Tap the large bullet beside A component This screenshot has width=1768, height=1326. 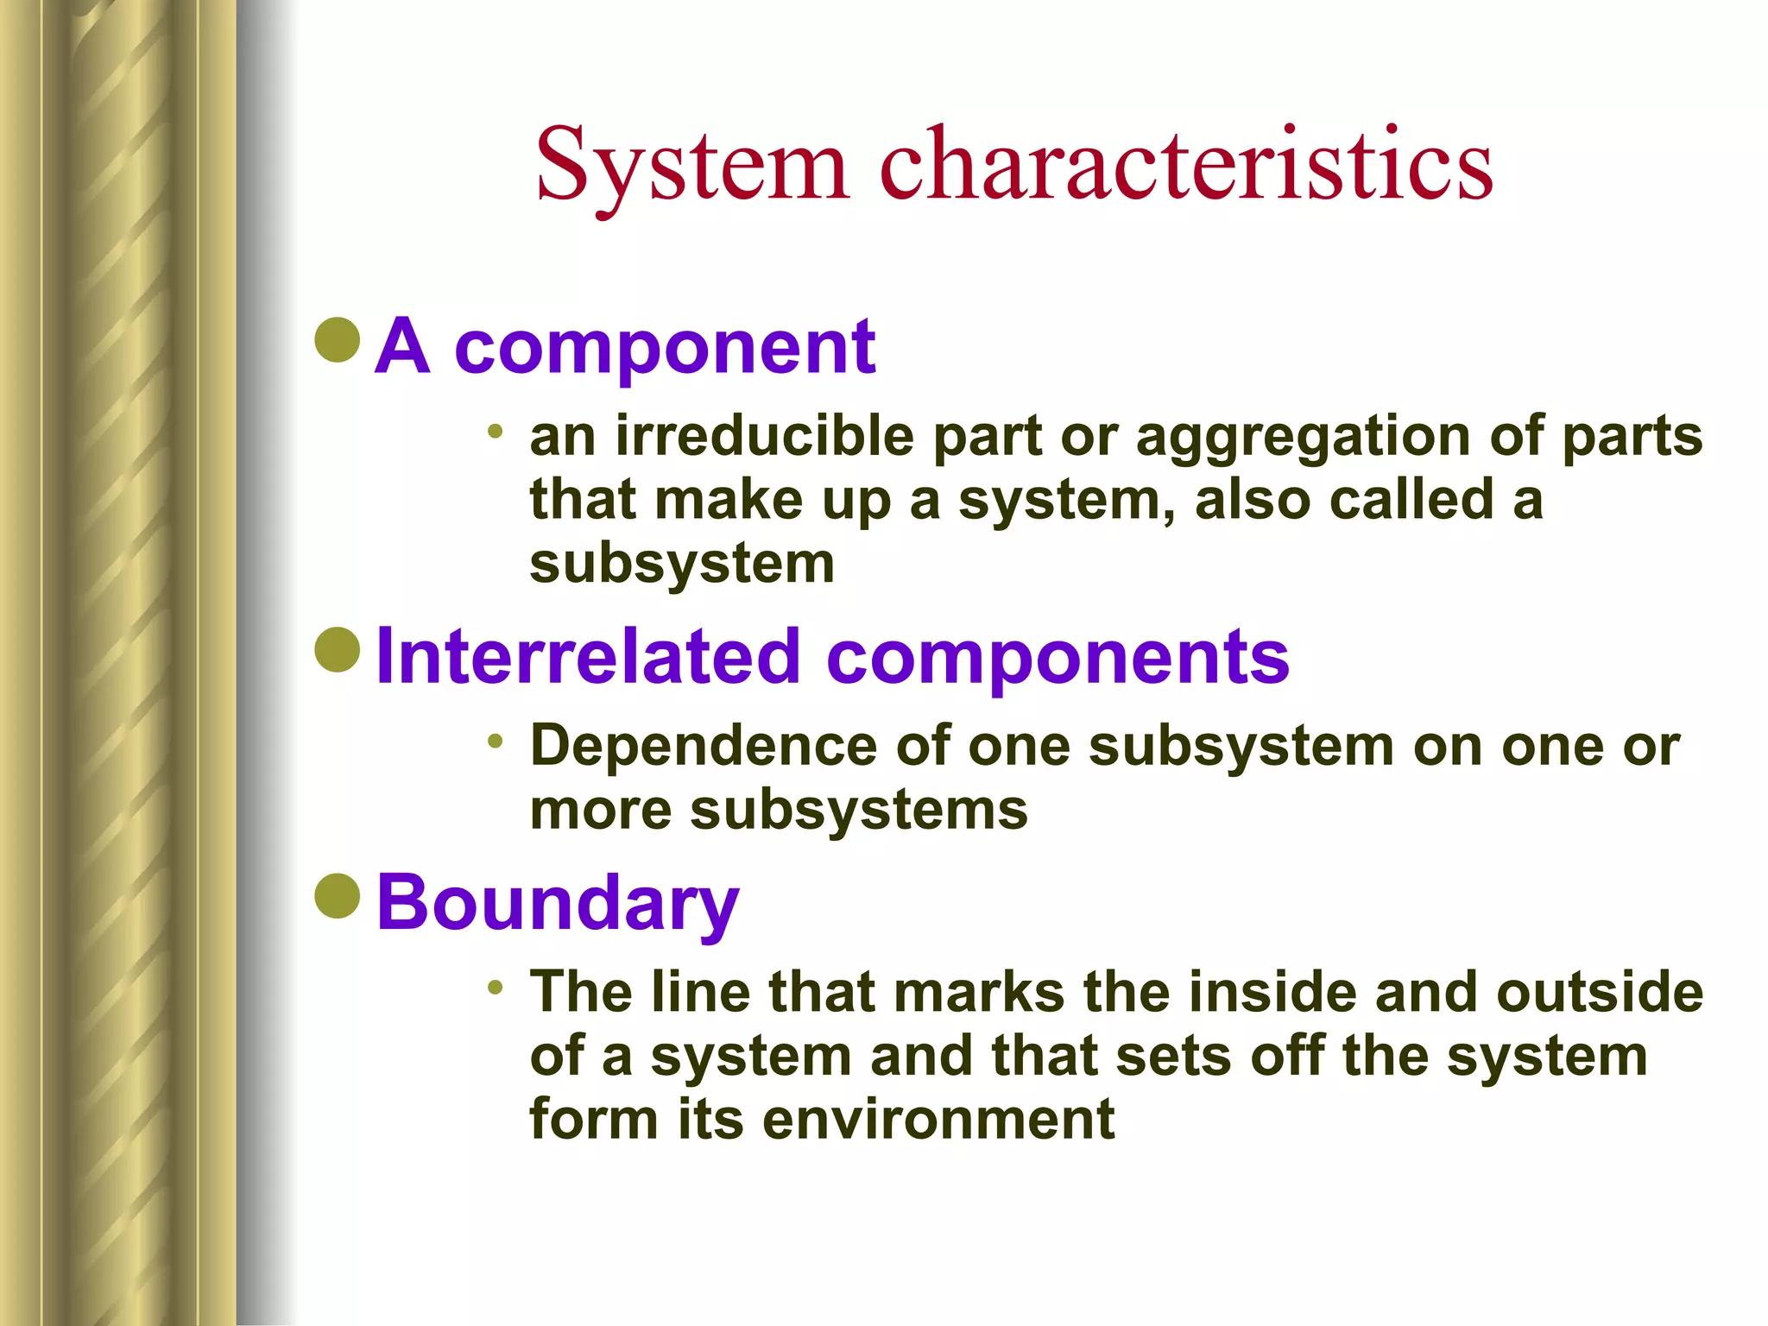tap(338, 339)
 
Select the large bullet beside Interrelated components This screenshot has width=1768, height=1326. tap(338, 649)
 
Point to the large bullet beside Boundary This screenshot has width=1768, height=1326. tap(338, 895)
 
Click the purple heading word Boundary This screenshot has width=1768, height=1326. tap(558, 902)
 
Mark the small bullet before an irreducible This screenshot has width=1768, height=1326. tap(495, 430)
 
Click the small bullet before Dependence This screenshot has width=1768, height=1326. tap(495, 740)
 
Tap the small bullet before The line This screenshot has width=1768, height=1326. tap(495, 986)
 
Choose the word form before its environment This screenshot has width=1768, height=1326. tap(594, 1119)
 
